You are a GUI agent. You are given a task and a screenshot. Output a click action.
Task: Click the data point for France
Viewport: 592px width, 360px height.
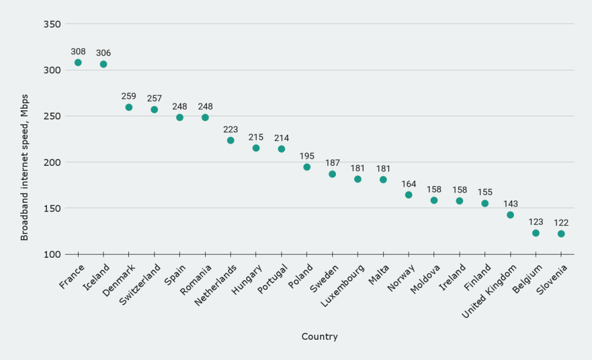click(78, 62)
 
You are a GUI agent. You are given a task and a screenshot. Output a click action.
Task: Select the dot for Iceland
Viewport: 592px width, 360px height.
click(103, 64)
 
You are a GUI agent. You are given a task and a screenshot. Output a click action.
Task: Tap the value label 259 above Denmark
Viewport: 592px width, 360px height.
click(129, 96)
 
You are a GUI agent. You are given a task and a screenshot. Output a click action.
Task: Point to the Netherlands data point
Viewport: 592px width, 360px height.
click(231, 140)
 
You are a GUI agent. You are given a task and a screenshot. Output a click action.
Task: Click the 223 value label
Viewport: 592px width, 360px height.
click(231, 129)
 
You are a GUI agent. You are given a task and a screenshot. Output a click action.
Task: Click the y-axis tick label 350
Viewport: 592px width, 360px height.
click(53, 24)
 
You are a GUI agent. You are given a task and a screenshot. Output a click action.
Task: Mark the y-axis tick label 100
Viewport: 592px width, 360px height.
click(53, 254)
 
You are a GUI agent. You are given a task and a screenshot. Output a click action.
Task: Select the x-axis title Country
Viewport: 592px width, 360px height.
click(319, 336)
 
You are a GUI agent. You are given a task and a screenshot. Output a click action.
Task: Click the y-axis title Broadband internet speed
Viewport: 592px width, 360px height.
click(24, 167)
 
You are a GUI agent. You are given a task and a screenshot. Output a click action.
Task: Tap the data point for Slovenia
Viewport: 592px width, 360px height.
click(561, 234)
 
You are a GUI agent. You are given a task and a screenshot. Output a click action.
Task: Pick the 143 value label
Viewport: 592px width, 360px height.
click(510, 203)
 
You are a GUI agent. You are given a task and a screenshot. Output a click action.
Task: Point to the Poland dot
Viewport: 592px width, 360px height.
click(307, 167)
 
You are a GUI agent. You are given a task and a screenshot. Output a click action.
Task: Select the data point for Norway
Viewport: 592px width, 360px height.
click(409, 195)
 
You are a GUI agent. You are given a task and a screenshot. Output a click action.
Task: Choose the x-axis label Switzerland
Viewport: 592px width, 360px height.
click(140, 285)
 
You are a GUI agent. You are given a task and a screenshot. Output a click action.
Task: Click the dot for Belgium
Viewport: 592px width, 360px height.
click(536, 233)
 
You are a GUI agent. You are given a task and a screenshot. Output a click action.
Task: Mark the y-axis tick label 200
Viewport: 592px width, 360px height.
click(53, 162)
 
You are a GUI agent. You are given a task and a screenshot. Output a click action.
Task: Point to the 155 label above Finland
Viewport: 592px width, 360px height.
click(485, 192)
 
